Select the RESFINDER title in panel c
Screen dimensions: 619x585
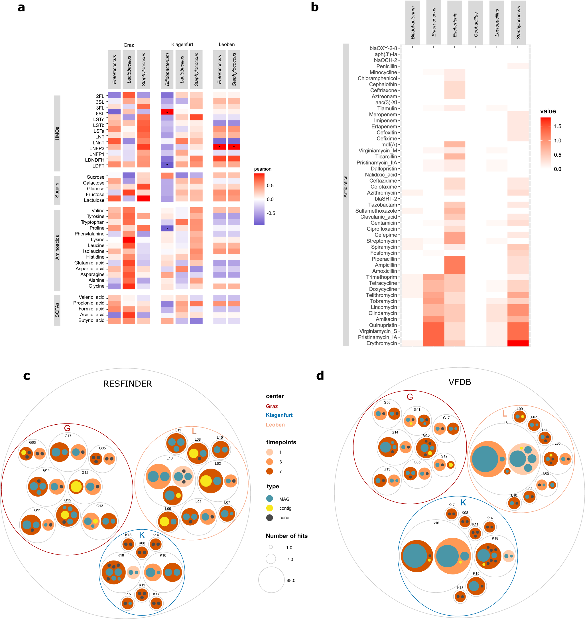point(127,384)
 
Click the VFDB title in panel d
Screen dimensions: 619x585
point(459,382)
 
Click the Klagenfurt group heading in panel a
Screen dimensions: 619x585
point(182,44)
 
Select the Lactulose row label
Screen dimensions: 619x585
point(94,200)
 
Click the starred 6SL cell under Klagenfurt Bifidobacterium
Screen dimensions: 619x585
point(167,112)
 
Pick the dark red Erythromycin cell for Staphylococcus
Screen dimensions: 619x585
point(518,343)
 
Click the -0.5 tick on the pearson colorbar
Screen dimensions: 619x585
point(270,213)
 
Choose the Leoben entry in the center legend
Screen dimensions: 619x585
point(275,425)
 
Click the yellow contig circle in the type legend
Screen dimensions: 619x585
point(269,508)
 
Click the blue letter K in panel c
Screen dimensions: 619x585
point(142,535)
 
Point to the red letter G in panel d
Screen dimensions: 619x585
point(410,397)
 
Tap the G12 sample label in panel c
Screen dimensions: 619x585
point(85,473)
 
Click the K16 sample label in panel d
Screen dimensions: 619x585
point(436,523)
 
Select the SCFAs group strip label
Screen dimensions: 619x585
point(57,310)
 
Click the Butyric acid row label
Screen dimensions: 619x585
point(91,320)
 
